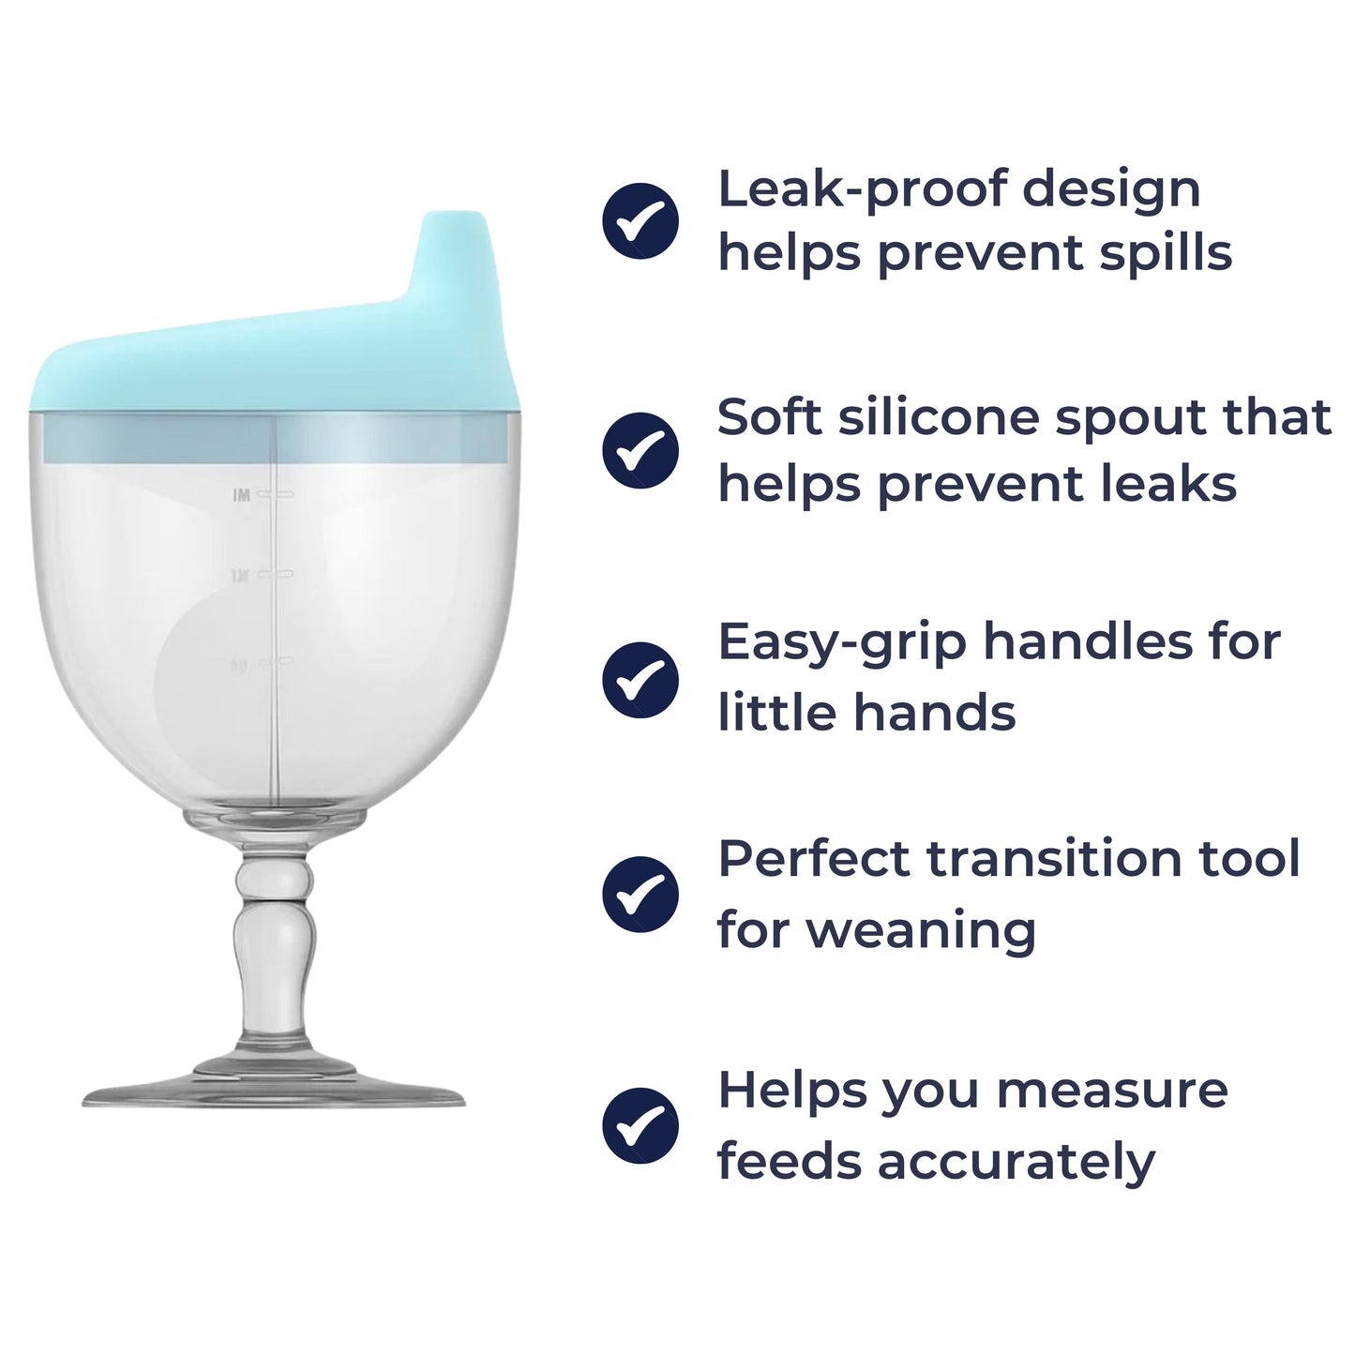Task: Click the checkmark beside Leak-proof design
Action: point(640,220)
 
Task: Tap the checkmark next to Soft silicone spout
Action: point(640,450)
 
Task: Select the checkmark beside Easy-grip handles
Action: point(640,680)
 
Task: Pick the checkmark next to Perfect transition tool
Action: point(640,894)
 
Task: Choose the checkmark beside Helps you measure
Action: point(640,1124)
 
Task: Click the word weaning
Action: point(920,930)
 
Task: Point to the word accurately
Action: point(1016,1162)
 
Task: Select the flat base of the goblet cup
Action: point(273,1094)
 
